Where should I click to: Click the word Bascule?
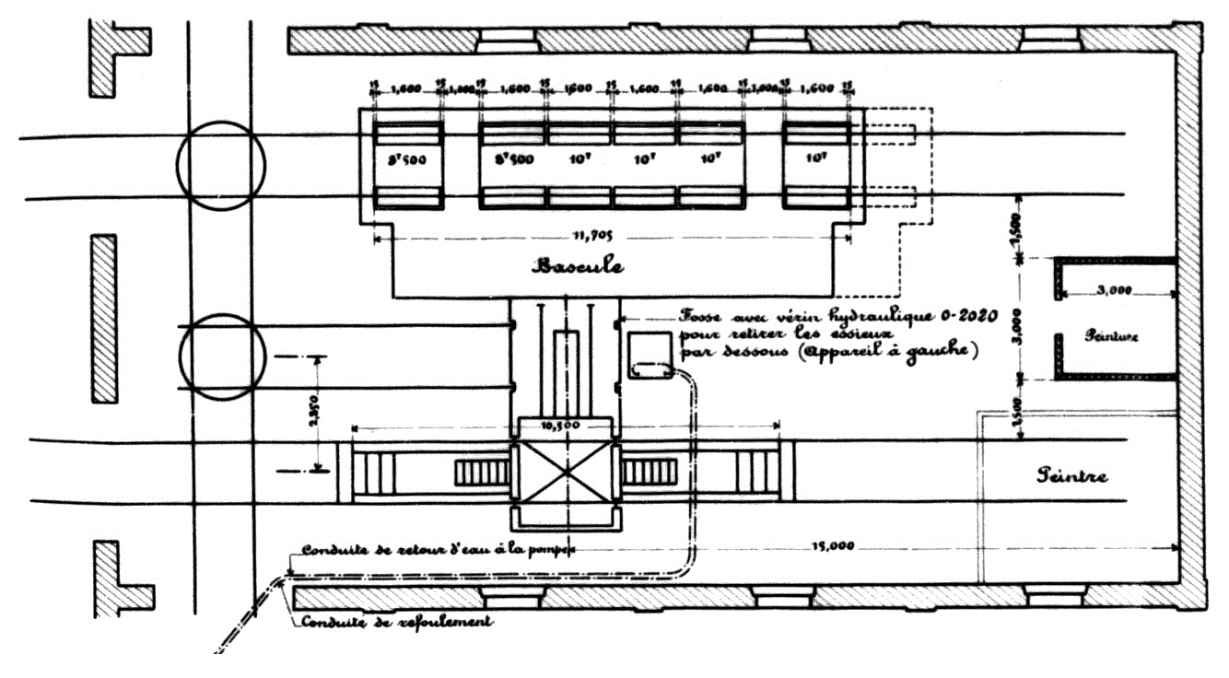pos(578,266)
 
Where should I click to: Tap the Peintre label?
pos(1071,475)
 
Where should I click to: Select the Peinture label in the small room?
pos(1112,337)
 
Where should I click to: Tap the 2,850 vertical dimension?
pos(317,412)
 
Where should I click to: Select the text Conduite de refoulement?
pos(397,622)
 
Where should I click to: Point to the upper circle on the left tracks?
pos(221,166)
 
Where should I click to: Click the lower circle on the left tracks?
pos(221,357)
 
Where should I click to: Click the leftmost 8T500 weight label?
pos(407,158)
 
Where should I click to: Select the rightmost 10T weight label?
pos(815,158)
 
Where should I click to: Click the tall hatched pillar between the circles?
pos(103,318)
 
